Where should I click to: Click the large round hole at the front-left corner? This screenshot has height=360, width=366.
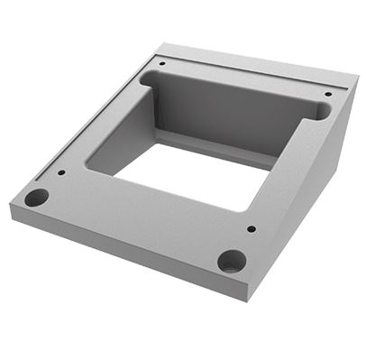pos(36,197)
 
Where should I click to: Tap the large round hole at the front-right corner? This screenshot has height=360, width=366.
pos(232,262)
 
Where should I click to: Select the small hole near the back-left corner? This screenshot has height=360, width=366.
pos(161,63)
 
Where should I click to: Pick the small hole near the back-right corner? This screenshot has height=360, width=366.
pos(327,94)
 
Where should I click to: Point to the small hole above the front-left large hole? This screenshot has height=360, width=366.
pos(61,172)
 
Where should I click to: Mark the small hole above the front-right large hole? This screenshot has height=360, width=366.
pos(251,228)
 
